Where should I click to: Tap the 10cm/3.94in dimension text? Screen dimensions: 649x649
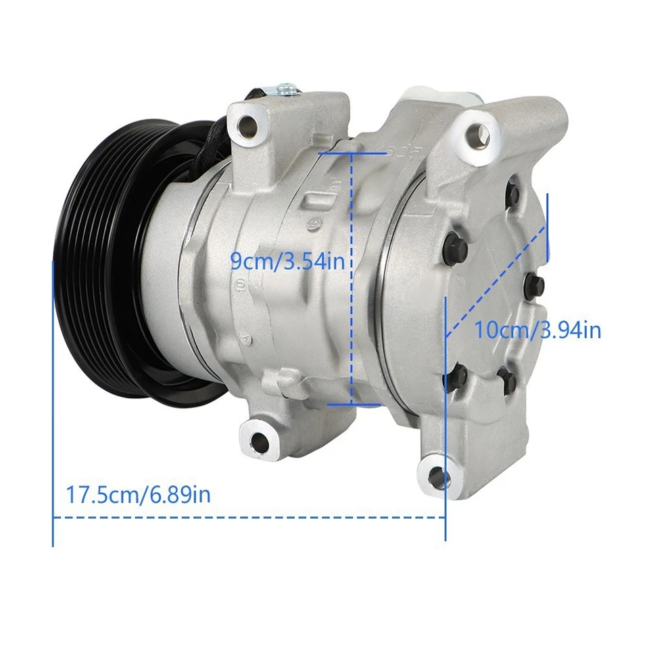click(x=537, y=331)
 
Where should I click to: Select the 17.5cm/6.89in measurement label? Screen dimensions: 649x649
click(x=139, y=494)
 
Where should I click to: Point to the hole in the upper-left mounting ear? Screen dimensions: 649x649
click(x=248, y=124)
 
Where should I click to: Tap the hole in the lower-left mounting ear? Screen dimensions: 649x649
click(x=259, y=442)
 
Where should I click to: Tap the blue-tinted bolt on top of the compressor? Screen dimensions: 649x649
click(x=284, y=89)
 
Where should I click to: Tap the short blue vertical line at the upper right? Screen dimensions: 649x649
click(x=546, y=226)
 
